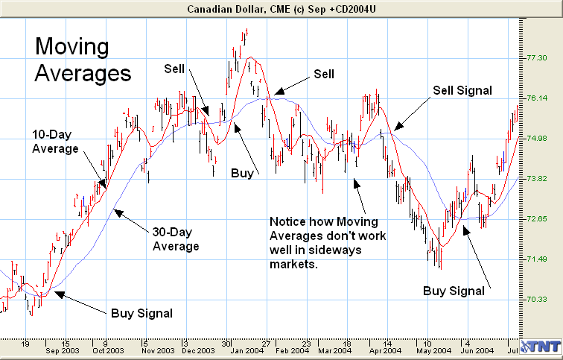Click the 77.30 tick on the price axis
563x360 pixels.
point(538,58)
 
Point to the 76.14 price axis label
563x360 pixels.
point(538,98)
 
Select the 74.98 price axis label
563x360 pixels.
point(538,139)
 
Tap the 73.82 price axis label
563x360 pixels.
point(538,179)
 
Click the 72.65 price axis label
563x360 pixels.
point(538,219)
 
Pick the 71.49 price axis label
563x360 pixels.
point(538,259)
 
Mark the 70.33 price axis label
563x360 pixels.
point(538,300)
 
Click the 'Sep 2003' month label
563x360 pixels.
point(63,350)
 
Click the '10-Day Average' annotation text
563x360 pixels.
point(55,142)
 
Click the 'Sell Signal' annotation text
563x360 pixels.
point(462,90)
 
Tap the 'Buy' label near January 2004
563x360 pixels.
point(241,173)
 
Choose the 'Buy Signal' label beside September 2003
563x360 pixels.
point(141,313)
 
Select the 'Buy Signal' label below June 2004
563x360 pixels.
point(454,291)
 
